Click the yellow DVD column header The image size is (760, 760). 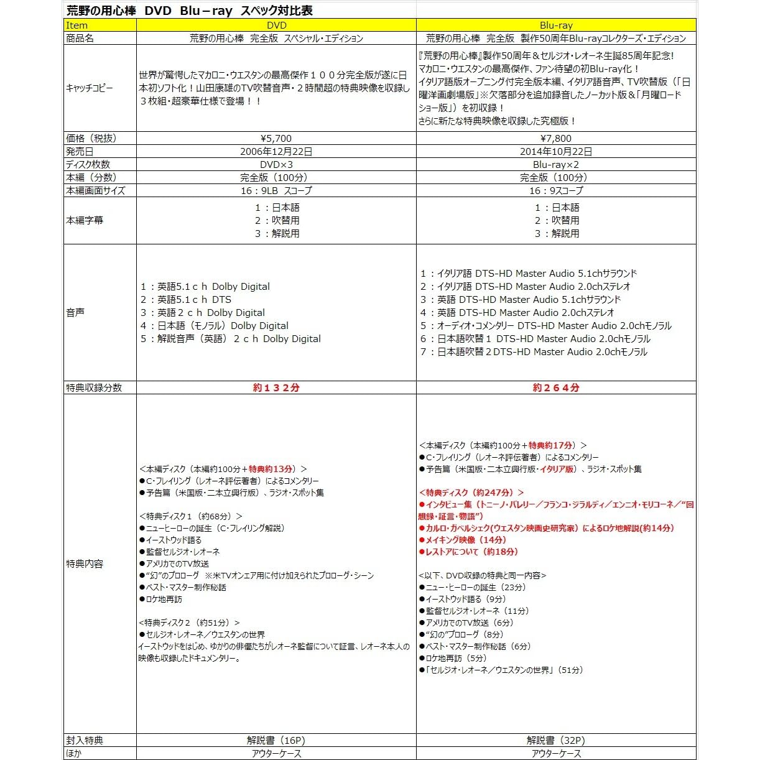tap(276, 25)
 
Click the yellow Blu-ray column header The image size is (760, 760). tap(556, 25)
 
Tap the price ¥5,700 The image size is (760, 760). tap(276, 138)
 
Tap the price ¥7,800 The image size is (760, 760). tap(556, 138)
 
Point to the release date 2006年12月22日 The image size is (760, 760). tap(276, 151)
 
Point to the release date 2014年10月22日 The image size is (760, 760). tap(556, 151)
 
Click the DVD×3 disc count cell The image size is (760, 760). tap(276, 164)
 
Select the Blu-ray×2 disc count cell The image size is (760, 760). tap(556, 164)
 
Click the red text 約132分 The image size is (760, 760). tap(276, 387)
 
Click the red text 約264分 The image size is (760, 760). tap(556, 387)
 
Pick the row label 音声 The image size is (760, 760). tap(75, 312)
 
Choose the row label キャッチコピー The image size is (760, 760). tap(90, 88)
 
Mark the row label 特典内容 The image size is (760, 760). tap(85, 563)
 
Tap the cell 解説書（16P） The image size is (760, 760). tap(276, 740)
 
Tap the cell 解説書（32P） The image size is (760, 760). tap(556, 740)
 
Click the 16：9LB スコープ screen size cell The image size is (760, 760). tap(276, 190)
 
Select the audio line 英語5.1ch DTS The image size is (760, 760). tap(186, 299)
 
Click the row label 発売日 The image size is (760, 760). tap(80, 151)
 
